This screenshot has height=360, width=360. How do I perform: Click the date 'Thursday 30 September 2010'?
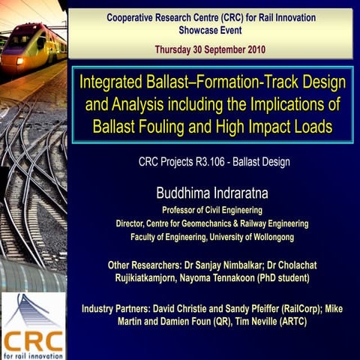click(x=210, y=49)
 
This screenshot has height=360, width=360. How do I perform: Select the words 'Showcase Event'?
click(x=210, y=31)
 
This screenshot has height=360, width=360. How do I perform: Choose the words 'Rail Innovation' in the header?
click(x=284, y=16)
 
